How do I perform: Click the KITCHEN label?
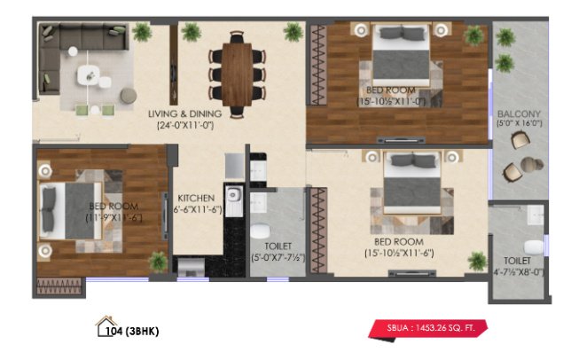pos(194,198)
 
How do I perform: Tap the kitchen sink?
pos(235,200)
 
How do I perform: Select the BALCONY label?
pos(514,114)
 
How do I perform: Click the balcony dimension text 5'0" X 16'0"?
pos(514,126)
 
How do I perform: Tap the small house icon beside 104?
pos(105,325)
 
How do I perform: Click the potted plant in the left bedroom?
pos(158,261)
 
